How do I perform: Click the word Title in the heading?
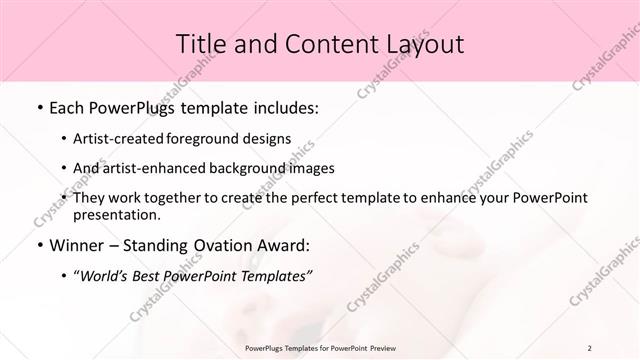pos(200,43)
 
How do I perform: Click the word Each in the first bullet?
pos(67,107)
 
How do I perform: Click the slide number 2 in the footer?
pos(590,348)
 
